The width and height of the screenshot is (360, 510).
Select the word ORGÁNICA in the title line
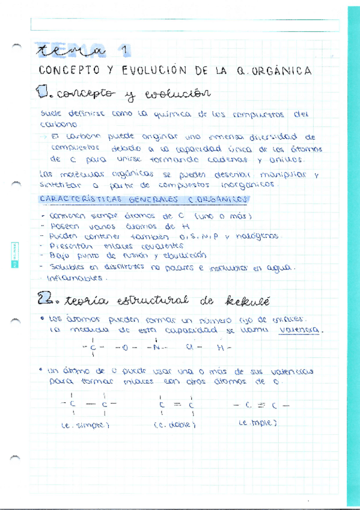tap(282, 71)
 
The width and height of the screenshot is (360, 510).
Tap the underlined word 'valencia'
tap(302, 330)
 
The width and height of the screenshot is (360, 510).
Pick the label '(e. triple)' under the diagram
tap(257, 423)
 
